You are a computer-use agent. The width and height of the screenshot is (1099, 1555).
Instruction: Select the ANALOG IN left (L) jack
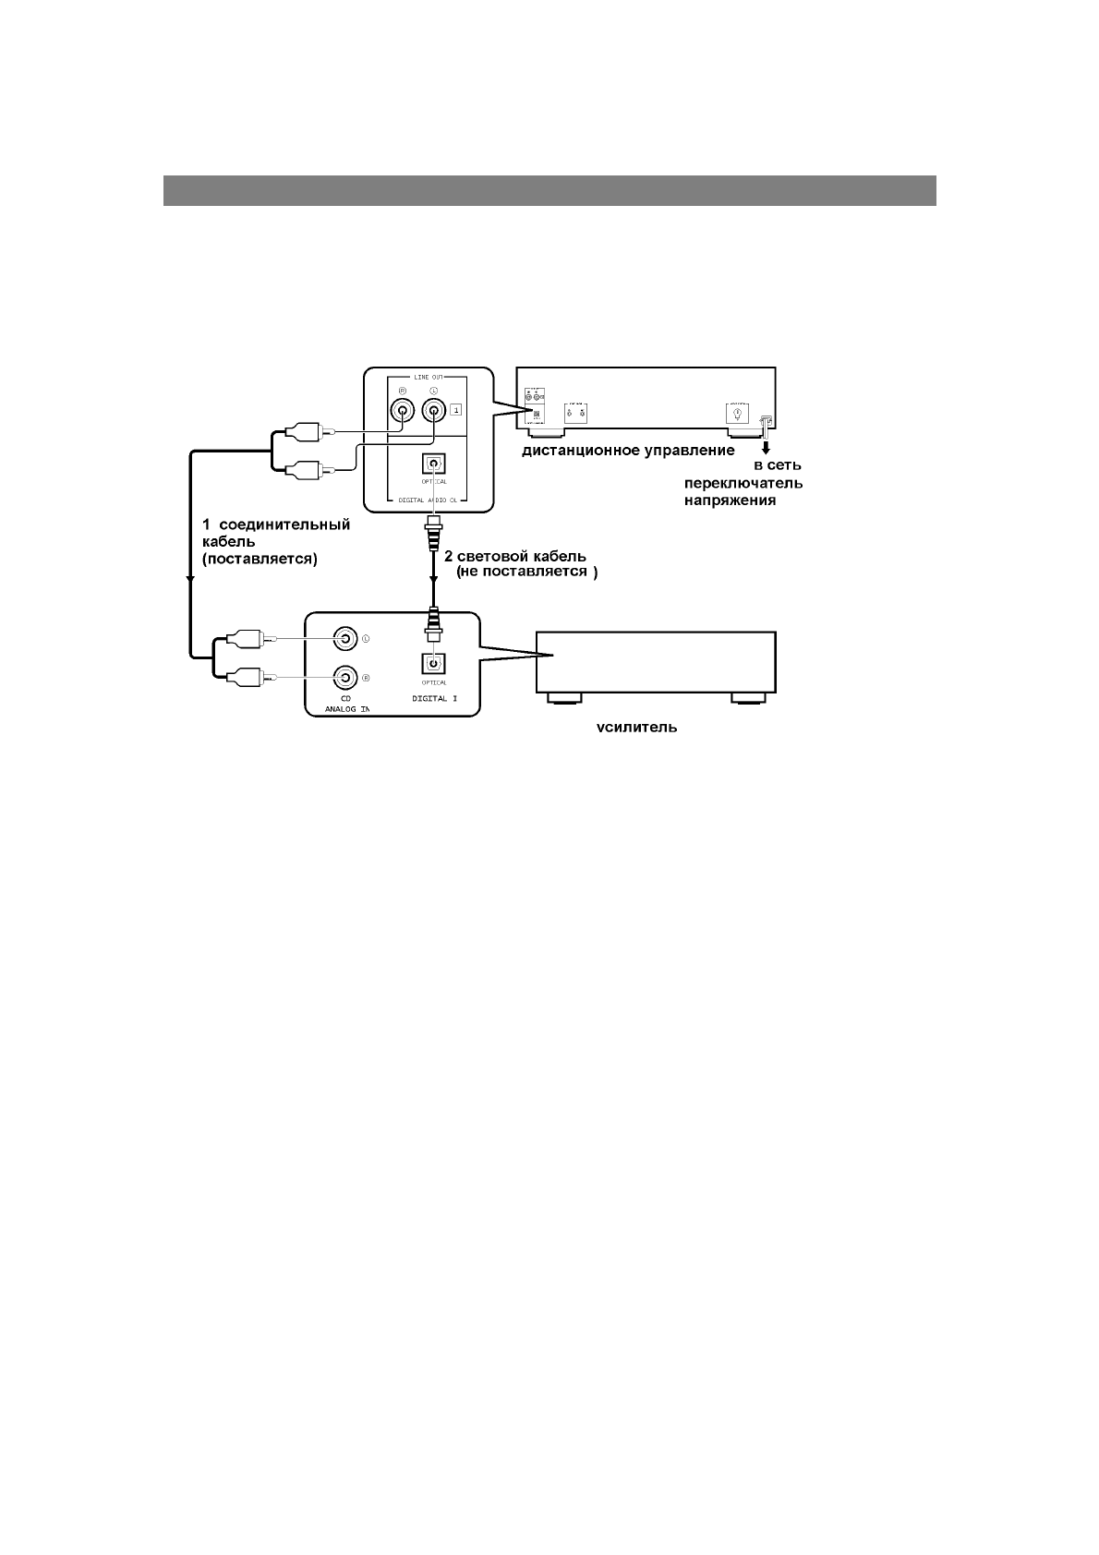click(x=344, y=638)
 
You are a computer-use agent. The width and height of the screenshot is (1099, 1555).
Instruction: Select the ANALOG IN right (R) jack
click(x=344, y=678)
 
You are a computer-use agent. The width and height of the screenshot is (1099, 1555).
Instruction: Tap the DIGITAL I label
click(x=434, y=700)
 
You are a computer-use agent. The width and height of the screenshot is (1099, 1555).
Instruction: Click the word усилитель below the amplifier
click(x=635, y=728)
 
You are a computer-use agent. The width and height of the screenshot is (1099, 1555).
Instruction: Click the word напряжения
click(x=730, y=500)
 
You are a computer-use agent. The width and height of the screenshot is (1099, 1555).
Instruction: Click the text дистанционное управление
click(x=628, y=451)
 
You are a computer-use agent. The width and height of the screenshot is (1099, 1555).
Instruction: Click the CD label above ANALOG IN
click(x=345, y=699)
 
